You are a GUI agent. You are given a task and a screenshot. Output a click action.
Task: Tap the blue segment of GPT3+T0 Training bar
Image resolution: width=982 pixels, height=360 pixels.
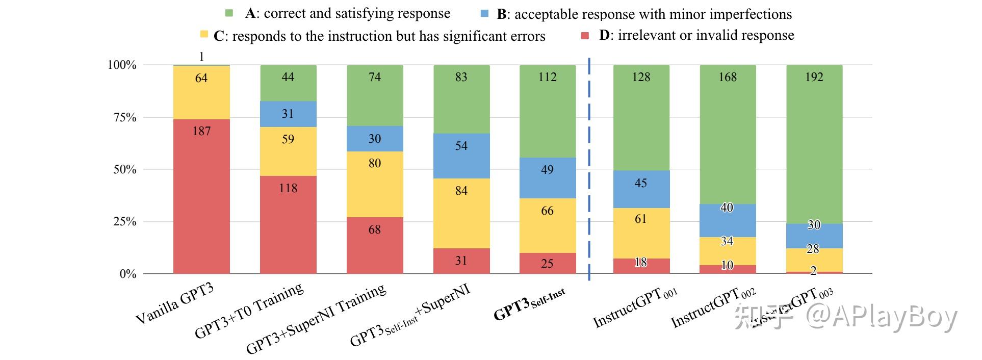288,114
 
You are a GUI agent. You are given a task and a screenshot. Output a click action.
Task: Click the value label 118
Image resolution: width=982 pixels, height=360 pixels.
288,188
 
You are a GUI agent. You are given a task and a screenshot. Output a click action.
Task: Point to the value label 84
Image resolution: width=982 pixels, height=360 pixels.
461,191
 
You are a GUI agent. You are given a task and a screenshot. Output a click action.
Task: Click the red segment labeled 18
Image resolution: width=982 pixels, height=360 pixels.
641,266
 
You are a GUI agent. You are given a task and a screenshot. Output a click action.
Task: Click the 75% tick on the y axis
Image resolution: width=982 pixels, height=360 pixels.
125,117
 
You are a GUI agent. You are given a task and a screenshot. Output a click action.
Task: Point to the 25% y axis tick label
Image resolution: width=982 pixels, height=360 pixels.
125,222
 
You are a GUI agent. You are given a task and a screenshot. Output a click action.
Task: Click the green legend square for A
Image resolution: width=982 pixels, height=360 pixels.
229,13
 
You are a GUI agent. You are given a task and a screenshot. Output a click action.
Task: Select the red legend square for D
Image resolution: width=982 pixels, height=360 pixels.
585,35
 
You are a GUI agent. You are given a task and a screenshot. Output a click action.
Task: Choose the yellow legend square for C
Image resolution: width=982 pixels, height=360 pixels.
204,35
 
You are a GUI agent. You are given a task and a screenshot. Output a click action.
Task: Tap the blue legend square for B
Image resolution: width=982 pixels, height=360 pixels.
485,13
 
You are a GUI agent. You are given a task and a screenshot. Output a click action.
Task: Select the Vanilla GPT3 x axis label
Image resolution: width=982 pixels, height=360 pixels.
174,304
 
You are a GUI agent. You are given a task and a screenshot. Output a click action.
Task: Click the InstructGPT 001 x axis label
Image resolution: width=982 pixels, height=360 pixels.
635,307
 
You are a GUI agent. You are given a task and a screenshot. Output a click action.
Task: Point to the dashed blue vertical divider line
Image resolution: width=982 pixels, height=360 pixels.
589,168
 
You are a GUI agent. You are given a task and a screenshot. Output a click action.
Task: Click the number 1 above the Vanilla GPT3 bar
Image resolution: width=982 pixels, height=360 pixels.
201,57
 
